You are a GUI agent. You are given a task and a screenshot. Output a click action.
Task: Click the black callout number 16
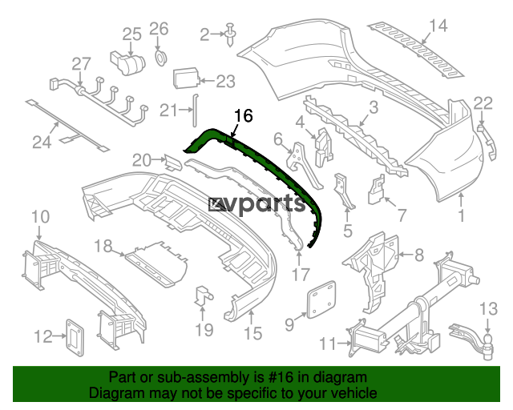coord(244,116)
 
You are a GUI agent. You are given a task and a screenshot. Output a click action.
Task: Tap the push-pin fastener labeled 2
coord(230,34)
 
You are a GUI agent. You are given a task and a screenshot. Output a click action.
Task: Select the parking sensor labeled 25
coord(127,62)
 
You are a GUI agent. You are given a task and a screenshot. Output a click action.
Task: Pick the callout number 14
coord(438,26)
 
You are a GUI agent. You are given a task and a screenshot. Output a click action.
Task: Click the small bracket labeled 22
coord(488,142)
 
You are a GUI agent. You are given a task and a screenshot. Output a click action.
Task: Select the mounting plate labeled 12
coord(75,338)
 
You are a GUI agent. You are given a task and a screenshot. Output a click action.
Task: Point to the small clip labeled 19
coord(203,295)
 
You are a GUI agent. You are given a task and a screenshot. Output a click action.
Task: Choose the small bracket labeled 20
coord(173,163)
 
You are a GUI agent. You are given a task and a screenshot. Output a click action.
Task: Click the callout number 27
coord(81,64)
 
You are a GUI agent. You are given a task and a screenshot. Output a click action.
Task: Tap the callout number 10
coord(41,217)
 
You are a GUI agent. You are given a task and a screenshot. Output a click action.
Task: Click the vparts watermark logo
coord(257,205)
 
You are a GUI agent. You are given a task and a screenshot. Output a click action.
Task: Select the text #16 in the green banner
coord(281,377)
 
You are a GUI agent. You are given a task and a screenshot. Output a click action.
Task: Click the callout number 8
coord(419,255)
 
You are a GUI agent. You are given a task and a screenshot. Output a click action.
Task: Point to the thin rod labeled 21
coord(194,110)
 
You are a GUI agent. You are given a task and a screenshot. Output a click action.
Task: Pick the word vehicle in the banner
coord(356,393)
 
